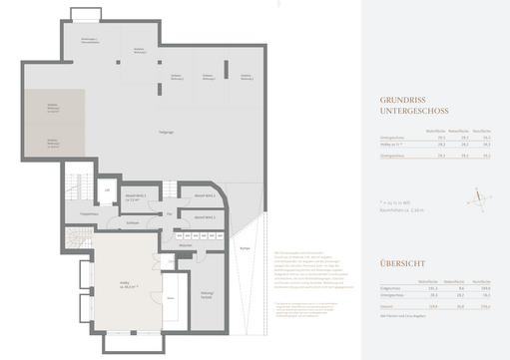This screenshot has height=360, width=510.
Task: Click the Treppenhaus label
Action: pyautogui.click(x=89, y=213)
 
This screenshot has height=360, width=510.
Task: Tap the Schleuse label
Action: pyautogui.click(x=133, y=222)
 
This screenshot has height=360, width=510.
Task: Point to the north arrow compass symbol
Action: pyautogui.click(x=481, y=199)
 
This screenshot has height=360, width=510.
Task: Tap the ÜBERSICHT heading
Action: pyautogui.click(x=403, y=264)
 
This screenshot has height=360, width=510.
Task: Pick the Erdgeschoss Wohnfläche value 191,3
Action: pyautogui.click(x=432, y=288)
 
